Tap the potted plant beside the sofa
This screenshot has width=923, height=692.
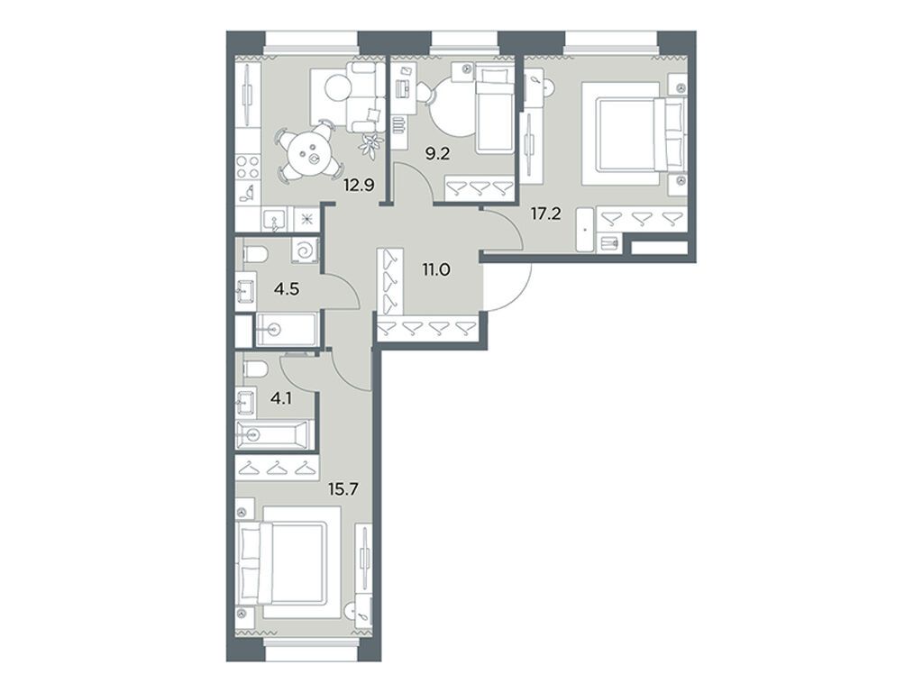369,141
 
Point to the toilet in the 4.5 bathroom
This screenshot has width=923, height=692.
253,253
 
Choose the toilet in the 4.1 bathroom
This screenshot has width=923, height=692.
253,369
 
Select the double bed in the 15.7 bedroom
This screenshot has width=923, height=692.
288,560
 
